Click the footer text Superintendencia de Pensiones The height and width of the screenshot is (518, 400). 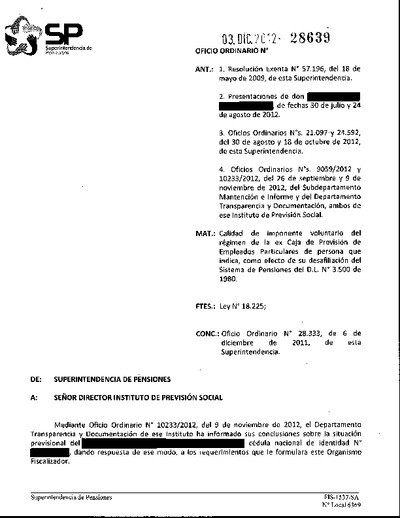[x=71, y=497]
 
